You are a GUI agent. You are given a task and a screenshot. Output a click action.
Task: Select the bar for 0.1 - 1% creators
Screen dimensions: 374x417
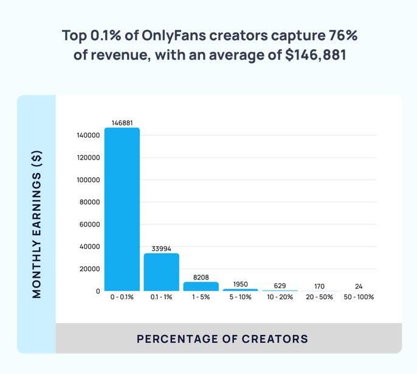161,272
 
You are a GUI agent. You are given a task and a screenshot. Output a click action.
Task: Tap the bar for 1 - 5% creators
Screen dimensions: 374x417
201,286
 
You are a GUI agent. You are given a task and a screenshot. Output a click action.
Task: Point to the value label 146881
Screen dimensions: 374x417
122,123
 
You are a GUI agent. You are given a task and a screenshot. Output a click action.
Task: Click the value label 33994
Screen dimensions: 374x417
161,249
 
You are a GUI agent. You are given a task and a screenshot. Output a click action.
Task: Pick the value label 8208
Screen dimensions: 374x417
201,277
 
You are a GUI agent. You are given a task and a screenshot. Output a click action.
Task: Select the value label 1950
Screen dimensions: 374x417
240,284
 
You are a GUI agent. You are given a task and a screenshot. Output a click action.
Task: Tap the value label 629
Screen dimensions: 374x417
280,286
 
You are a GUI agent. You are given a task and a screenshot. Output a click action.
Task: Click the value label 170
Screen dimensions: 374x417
319,286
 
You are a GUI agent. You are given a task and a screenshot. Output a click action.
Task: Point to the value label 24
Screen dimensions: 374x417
359,286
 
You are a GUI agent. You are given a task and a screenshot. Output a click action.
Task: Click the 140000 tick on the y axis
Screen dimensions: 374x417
89,135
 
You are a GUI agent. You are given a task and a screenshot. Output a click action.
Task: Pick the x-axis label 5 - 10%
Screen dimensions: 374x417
240,297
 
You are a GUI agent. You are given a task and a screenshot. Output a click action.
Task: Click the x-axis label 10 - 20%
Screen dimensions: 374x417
280,297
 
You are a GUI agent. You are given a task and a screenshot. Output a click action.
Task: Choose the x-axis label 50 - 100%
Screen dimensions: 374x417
359,297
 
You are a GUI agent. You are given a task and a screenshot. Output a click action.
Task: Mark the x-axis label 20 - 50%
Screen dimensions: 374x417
319,297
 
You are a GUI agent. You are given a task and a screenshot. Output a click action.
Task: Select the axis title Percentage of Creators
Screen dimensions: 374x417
222,339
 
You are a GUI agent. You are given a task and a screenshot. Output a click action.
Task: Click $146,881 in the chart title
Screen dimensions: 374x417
311,55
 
